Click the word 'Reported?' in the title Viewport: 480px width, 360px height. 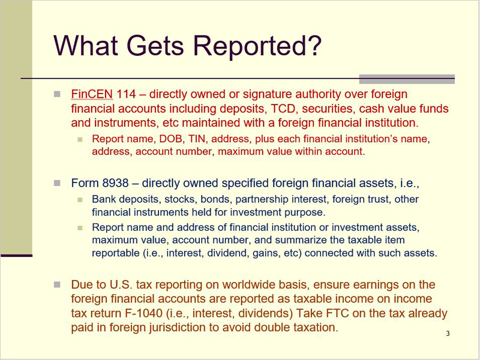pos(257,46)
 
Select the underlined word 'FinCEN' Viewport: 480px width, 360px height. pos(92,94)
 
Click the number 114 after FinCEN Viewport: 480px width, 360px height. pos(126,94)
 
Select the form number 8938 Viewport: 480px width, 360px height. pos(115,183)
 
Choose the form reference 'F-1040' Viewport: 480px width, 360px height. pos(143,313)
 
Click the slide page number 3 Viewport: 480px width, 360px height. pos(448,334)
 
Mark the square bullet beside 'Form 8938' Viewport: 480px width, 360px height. pos(57,183)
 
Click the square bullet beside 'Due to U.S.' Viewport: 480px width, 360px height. pos(57,284)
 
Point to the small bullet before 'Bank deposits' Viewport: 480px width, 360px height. pos(80,200)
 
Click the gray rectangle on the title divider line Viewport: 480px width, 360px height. pos(407,79)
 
